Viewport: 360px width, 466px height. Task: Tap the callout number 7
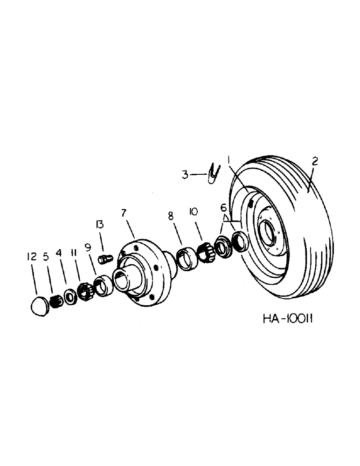[124, 213]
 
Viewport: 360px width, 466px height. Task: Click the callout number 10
[193, 212]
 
